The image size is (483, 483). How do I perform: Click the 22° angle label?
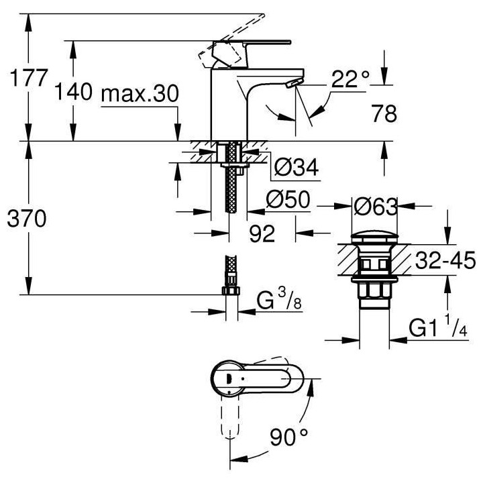[350, 80]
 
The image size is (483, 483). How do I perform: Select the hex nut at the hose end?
[229, 290]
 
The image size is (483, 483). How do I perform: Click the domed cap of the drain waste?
[372, 237]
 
